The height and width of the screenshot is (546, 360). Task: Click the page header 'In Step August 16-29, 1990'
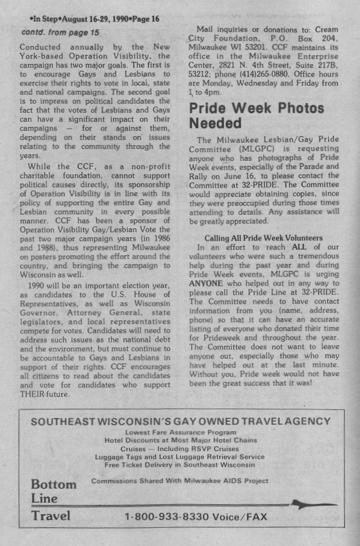coord(94,19)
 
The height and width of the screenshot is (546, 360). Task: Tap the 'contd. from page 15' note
coord(60,32)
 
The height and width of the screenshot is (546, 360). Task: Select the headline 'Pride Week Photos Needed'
coord(256,115)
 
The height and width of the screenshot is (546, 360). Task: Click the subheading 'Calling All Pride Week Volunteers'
coord(263,238)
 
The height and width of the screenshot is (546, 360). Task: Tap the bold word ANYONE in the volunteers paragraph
coord(206,284)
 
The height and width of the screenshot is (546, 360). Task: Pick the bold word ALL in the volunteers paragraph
coord(299,247)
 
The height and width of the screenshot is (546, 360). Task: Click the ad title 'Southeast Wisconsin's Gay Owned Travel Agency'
coord(181,421)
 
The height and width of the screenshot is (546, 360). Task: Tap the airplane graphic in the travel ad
coord(313,504)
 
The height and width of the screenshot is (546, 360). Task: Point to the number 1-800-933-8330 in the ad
coord(167,517)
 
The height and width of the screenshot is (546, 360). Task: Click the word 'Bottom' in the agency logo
coord(53,484)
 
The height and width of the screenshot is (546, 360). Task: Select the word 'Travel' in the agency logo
coord(51,516)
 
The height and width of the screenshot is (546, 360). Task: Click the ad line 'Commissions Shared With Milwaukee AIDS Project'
coord(180,481)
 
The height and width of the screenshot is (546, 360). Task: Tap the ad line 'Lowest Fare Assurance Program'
coord(181,433)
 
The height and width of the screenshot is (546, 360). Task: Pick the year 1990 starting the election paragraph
coord(37,285)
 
